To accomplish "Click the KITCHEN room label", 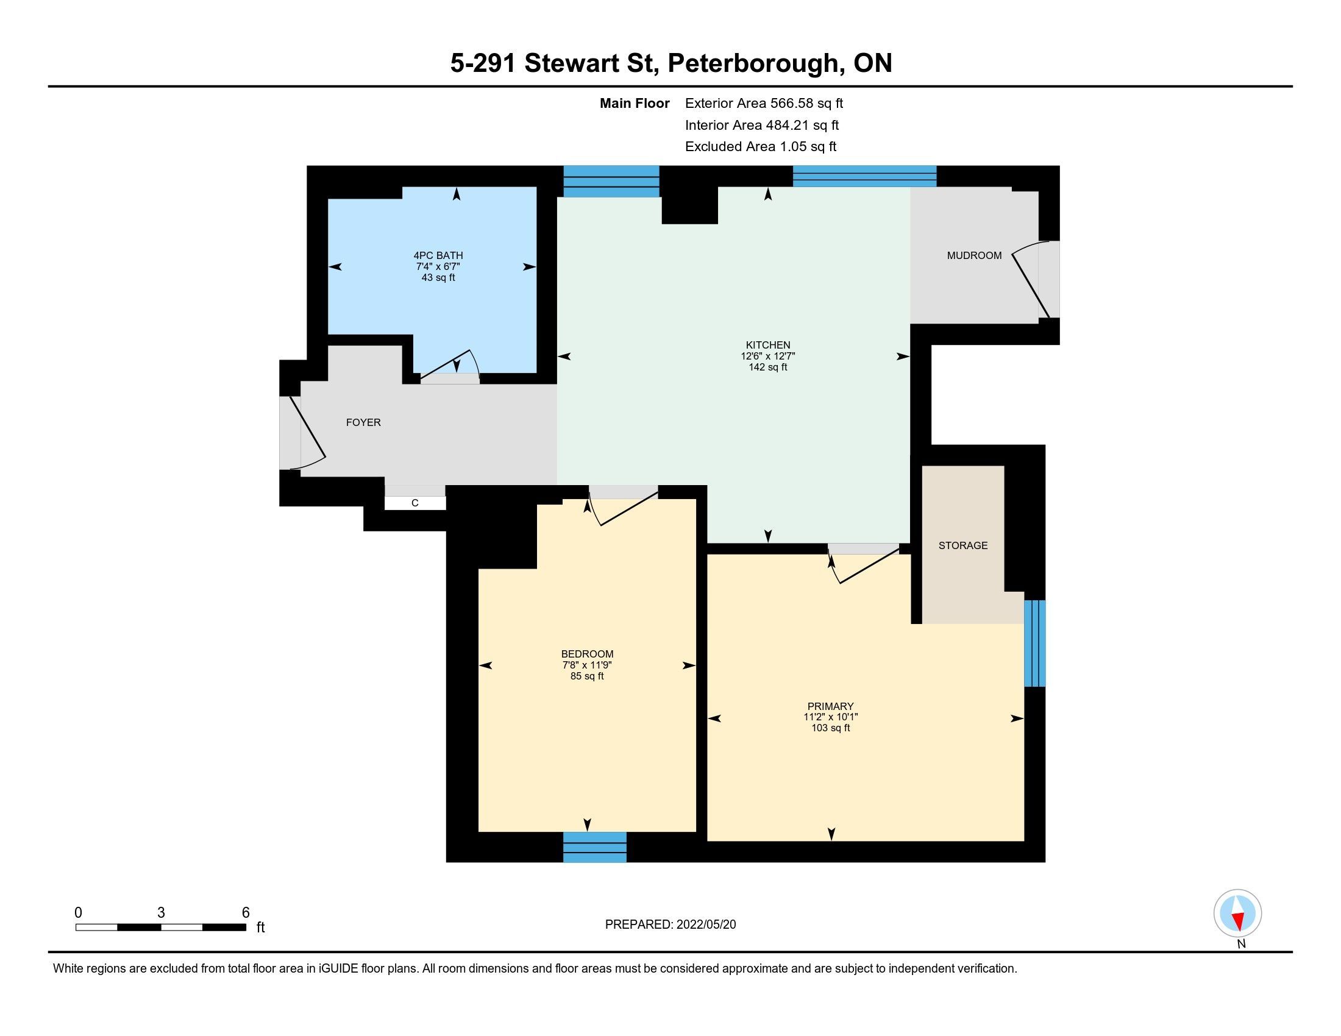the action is (x=767, y=345).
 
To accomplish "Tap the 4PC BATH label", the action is (x=438, y=255).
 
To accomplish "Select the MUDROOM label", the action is (x=974, y=255).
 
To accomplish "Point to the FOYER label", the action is (x=363, y=422).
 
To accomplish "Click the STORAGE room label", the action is (x=962, y=545).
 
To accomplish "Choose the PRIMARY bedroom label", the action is (x=830, y=706).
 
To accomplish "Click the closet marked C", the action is (x=415, y=503).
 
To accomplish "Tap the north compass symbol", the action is (x=1238, y=914).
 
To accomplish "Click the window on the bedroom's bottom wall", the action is (x=595, y=847).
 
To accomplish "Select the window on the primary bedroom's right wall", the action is (x=1034, y=642).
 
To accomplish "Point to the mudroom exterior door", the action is (x=1035, y=279).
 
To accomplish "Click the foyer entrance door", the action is (x=302, y=433).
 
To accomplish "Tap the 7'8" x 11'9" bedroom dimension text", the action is (x=587, y=665).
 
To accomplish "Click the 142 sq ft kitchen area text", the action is (x=767, y=367).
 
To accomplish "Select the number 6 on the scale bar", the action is (x=246, y=913).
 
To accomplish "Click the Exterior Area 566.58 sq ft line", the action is (x=764, y=103).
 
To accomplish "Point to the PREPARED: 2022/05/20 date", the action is (x=670, y=924).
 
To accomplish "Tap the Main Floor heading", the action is (x=635, y=103).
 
